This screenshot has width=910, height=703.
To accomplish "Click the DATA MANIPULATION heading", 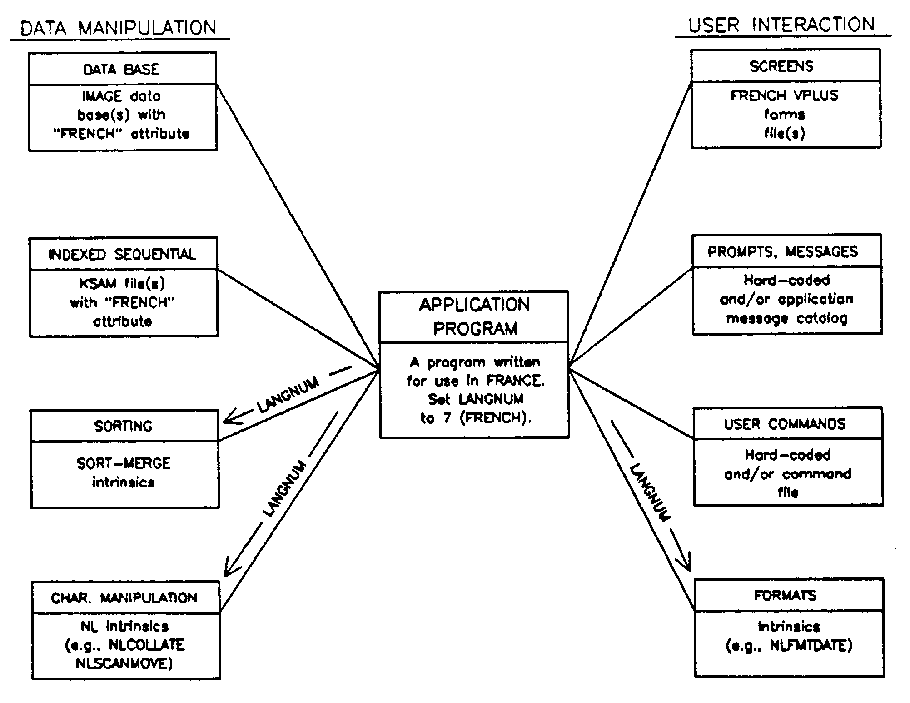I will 119,28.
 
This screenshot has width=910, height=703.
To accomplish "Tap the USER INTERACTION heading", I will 781,25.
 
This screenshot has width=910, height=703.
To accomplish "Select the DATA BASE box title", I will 121,69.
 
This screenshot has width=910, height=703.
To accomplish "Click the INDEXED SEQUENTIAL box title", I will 122,254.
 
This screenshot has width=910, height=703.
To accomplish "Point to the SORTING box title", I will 123,426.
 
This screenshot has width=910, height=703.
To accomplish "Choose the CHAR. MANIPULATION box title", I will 124,598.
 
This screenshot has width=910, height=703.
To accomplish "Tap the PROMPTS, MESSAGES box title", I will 783,251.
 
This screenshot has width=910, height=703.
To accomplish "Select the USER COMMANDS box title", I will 785,424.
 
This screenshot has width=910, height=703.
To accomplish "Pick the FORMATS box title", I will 785,595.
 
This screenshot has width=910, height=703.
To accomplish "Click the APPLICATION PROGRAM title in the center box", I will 474,316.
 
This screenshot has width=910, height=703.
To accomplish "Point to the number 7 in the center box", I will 447,418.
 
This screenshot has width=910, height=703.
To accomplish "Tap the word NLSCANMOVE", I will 124,664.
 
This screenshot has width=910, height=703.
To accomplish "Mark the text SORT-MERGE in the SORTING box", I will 123,463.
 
